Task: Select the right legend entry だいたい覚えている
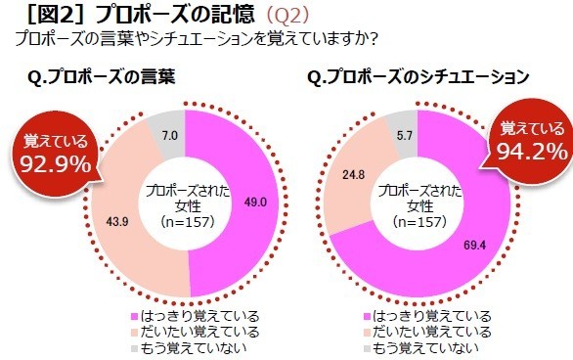(x=425, y=332)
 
